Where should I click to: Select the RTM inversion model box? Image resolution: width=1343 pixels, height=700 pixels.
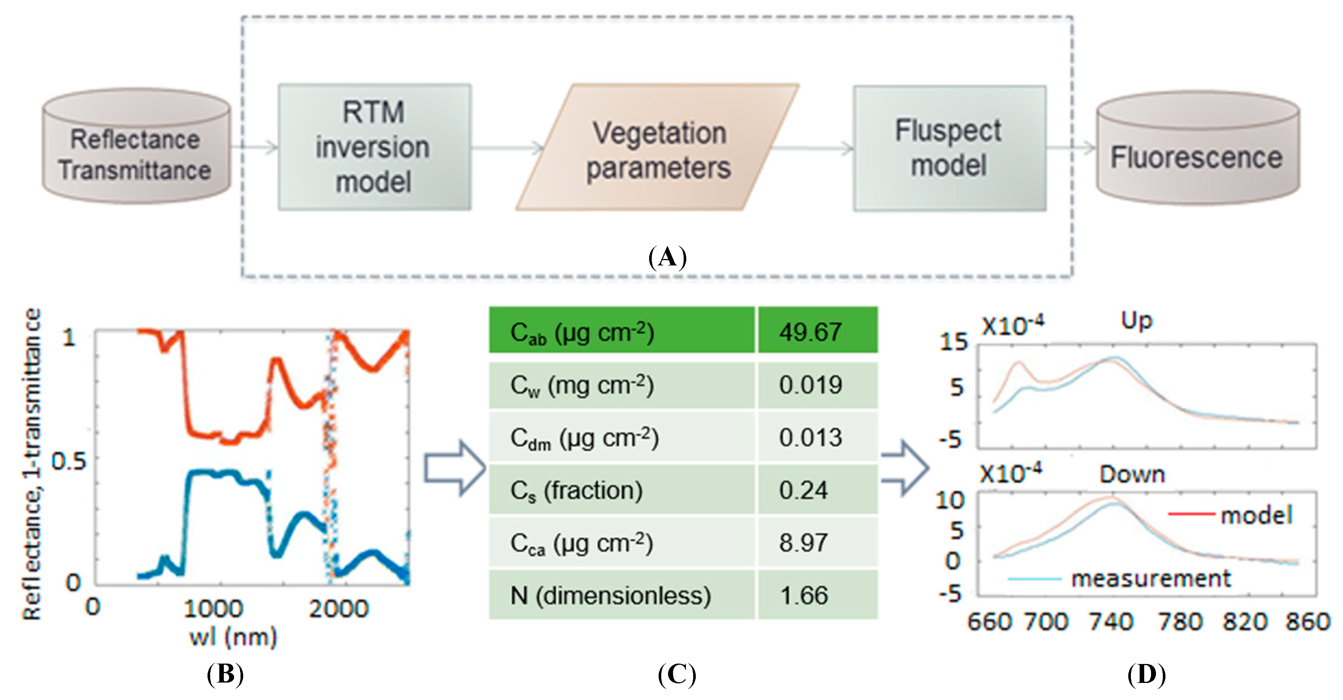click(374, 148)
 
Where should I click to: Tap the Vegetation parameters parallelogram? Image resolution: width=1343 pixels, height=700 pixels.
click(658, 149)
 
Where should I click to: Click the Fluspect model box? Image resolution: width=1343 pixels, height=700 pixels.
click(949, 149)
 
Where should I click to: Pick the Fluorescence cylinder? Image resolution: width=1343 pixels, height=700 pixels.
click(1197, 151)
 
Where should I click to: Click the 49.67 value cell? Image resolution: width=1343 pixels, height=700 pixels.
click(817, 331)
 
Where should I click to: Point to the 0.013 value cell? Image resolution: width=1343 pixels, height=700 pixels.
click(810, 437)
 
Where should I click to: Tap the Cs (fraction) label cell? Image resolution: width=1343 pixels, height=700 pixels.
click(576, 490)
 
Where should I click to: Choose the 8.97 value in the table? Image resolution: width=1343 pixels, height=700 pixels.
click(804, 543)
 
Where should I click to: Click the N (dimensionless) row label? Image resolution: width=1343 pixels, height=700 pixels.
click(610, 595)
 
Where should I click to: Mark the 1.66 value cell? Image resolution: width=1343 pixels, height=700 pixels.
click(804, 595)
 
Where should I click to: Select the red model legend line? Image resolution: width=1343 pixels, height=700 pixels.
click(1191, 515)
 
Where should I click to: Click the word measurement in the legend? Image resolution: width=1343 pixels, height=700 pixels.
click(1151, 579)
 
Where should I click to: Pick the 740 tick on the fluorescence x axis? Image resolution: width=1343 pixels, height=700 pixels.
click(1111, 622)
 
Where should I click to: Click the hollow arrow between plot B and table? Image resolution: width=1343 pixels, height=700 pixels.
click(454, 468)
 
